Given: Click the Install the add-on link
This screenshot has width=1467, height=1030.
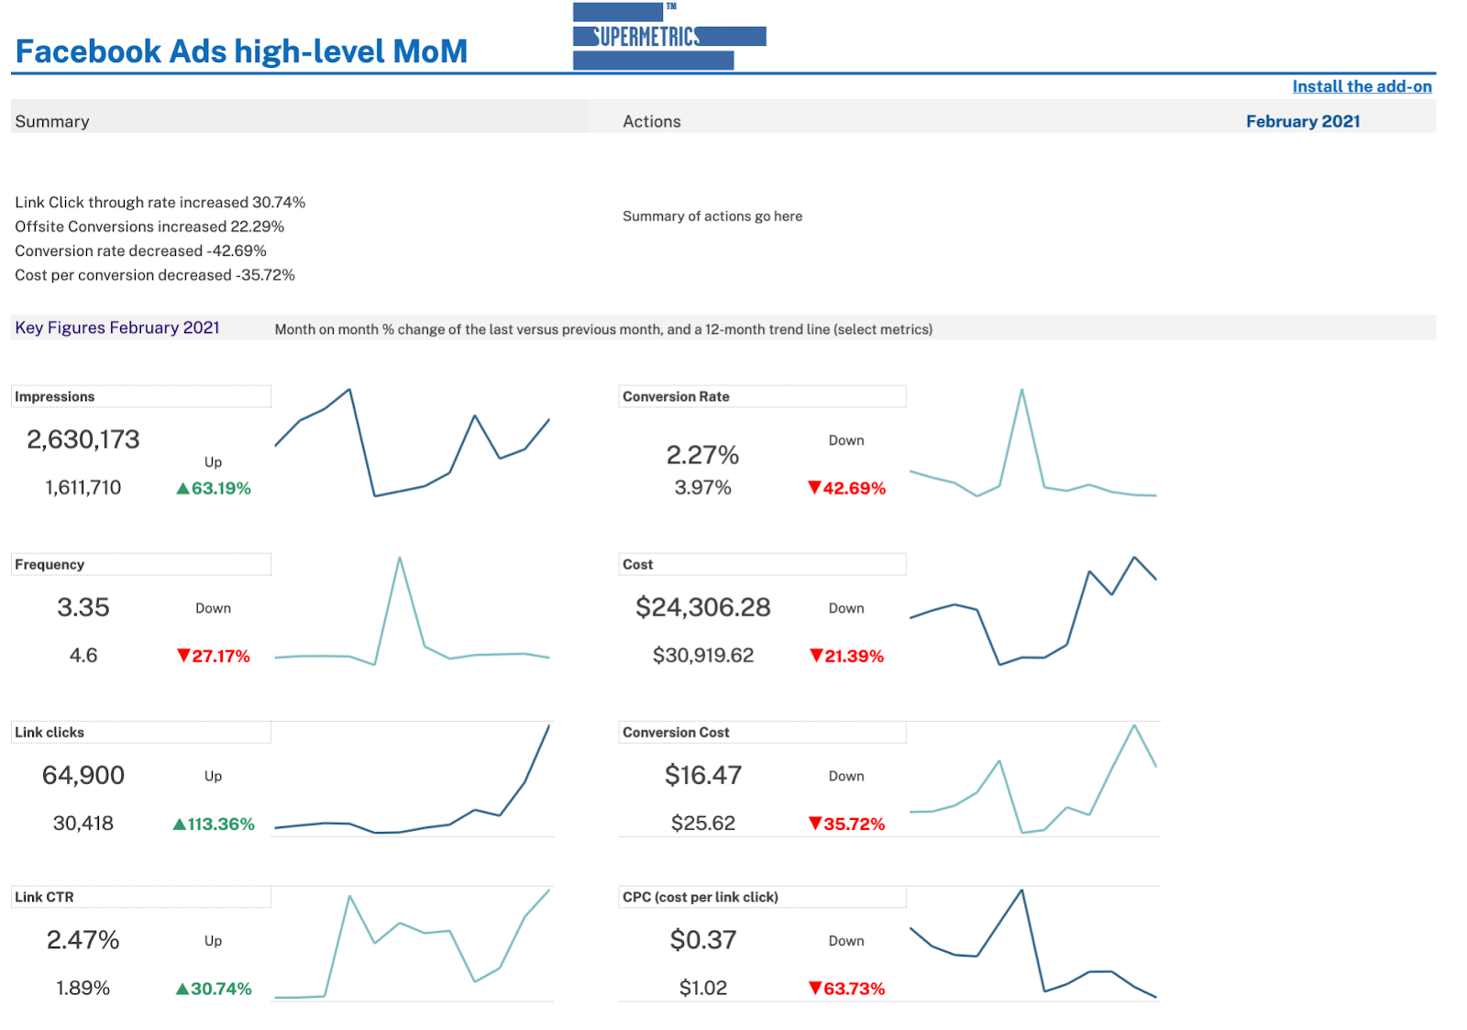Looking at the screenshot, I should (1362, 86).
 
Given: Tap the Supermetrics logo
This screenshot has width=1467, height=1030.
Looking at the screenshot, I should (668, 37).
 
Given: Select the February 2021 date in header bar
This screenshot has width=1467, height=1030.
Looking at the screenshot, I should (1302, 121).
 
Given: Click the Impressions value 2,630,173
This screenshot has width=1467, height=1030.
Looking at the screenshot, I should (83, 439).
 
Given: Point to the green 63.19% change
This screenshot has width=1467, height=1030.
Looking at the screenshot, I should (214, 488).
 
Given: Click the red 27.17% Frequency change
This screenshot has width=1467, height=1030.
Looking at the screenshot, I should (214, 656).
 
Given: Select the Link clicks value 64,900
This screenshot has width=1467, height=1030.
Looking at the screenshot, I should (83, 775).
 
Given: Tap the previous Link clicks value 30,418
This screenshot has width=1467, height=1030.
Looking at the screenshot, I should (83, 823).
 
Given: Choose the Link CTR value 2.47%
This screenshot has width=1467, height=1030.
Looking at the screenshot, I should (83, 939).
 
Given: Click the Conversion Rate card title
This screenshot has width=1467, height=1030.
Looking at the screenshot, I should (676, 396).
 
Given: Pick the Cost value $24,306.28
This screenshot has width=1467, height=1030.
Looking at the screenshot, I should (703, 607).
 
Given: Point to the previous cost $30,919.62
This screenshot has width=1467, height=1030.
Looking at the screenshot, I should (703, 655).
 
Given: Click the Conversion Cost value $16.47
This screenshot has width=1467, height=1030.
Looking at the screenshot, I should (703, 775).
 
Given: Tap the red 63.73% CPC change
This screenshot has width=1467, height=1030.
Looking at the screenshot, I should (847, 988).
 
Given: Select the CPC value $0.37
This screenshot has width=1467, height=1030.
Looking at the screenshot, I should (703, 939).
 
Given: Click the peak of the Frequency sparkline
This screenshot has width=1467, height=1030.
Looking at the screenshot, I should (400, 558).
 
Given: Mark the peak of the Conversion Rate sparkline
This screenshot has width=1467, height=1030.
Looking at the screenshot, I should (1021, 390).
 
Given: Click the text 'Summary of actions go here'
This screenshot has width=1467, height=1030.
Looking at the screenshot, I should (712, 216).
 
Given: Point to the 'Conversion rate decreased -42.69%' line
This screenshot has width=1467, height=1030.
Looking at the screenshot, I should (140, 250).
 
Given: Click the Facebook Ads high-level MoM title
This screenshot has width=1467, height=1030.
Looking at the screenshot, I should (242, 51).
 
